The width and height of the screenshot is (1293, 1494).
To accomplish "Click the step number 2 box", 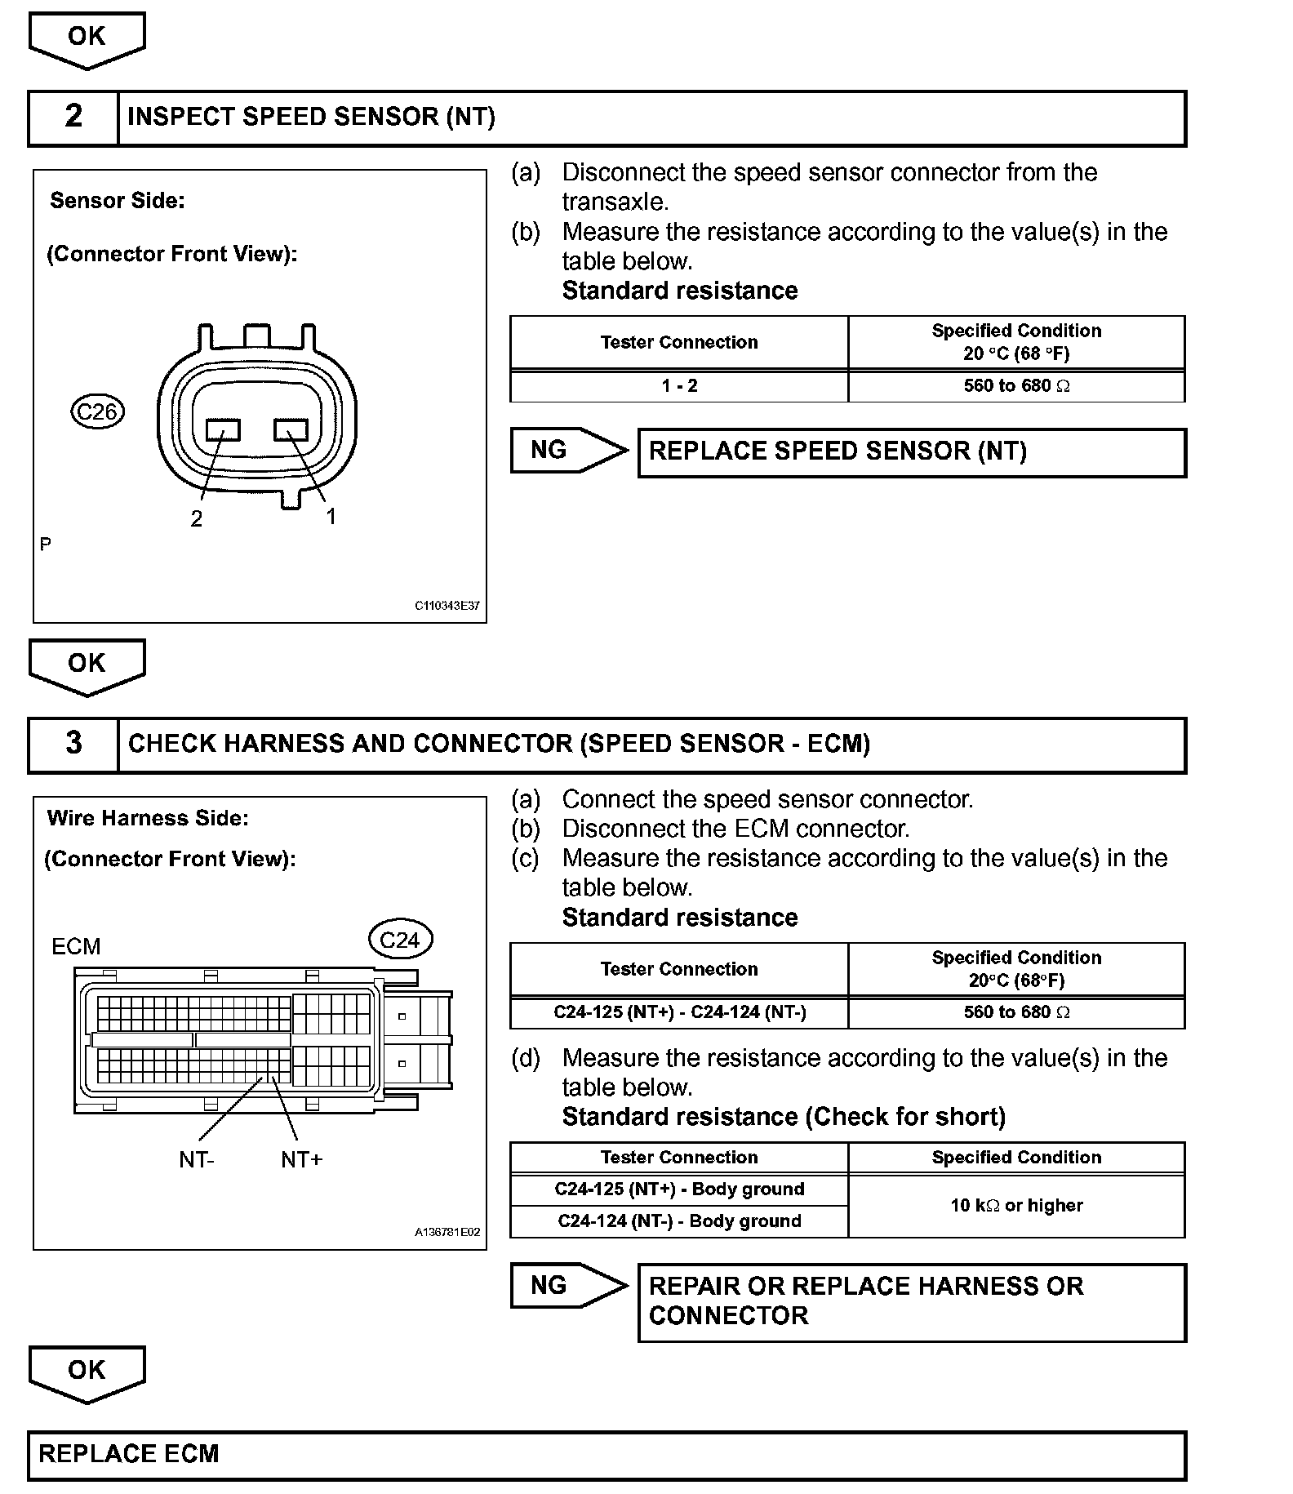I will [73, 117].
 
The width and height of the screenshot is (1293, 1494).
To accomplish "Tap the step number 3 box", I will [73, 744].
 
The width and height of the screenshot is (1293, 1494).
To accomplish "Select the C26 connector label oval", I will [97, 411].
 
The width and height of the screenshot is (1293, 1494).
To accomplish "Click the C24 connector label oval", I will [400, 940].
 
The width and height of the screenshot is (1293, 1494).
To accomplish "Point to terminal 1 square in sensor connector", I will [291, 429].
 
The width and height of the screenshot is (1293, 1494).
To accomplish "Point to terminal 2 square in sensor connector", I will [223, 429].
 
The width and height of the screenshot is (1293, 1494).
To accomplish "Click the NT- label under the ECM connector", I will [197, 1160].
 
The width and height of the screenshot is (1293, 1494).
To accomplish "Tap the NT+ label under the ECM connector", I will [301, 1160].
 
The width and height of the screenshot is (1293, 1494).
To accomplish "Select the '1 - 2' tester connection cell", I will [679, 386].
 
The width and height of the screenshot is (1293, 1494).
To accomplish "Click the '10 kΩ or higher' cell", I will [1016, 1206].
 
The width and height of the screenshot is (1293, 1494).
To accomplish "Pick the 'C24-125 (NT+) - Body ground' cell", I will [679, 1189].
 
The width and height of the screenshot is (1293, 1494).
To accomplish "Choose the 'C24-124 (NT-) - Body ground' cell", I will [679, 1221].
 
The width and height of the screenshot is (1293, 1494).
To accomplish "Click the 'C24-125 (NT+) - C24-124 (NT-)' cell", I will [679, 1013].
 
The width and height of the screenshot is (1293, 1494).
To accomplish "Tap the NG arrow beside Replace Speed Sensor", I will [567, 450].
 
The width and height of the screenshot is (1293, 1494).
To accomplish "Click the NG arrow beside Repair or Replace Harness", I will [567, 1286].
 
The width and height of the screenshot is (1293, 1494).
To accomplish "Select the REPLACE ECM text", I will [129, 1454].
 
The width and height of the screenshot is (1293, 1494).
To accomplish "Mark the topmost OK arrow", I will [87, 38].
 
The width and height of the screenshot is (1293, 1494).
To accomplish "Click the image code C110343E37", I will [447, 606].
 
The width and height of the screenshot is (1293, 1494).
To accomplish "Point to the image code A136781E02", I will [447, 1233].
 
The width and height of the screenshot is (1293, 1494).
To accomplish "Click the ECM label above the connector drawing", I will [76, 947].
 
